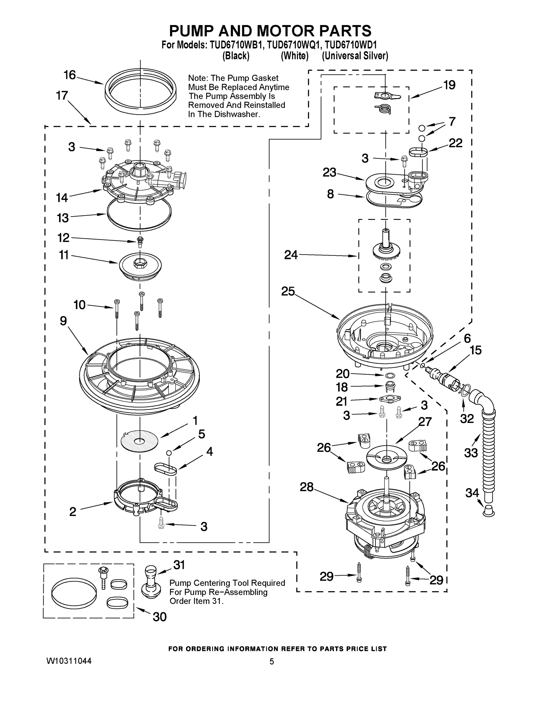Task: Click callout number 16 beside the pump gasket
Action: tap(69, 75)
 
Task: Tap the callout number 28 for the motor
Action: tap(306, 487)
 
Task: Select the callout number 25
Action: tap(288, 291)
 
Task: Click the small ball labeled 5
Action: tap(169, 452)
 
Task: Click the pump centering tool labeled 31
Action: tap(150, 582)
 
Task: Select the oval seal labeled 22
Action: tap(418, 151)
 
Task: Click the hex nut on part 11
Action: tap(140, 263)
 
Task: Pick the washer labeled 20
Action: tap(390, 375)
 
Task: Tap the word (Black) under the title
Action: tap(236, 56)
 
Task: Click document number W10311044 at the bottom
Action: tap(69, 661)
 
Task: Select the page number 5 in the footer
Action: tap(271, 662)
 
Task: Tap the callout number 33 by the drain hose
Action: tap(471, 453)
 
